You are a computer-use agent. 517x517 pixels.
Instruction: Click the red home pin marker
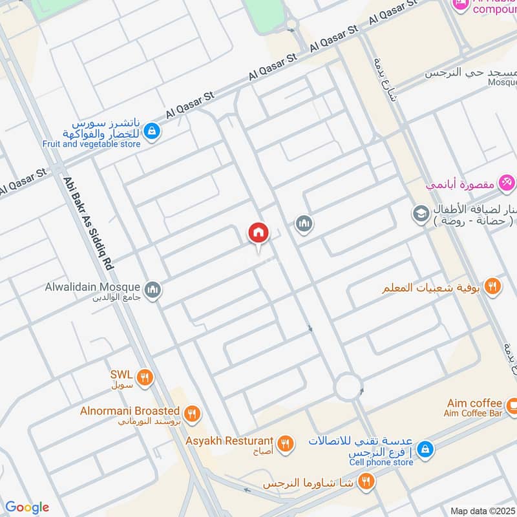pos(258,233)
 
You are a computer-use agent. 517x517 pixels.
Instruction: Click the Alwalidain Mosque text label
pos(92,286)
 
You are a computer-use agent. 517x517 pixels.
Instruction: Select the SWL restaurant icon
pos(145,377)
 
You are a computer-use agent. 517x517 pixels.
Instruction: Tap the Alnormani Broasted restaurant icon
pos(191,414)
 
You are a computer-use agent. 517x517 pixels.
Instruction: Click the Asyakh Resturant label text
pos(229,441)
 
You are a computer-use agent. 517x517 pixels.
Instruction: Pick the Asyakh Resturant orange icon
pos(285,443)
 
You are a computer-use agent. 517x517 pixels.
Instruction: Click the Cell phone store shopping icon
pos(425,448)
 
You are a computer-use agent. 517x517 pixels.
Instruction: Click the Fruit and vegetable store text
pos(91,144)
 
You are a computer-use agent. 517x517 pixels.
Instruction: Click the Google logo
pos(26,507)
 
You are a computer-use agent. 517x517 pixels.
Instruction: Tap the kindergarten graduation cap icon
pos(421,213)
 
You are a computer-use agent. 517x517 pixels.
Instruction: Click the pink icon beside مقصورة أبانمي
pos(507,183)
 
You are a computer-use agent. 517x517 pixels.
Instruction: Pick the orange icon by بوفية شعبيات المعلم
pos(492,286)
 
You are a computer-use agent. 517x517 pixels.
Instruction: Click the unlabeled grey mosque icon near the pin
pos(304,224)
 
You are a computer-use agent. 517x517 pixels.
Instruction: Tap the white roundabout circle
pos(348,388)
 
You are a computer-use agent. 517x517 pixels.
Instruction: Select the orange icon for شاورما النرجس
pos(366,480)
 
